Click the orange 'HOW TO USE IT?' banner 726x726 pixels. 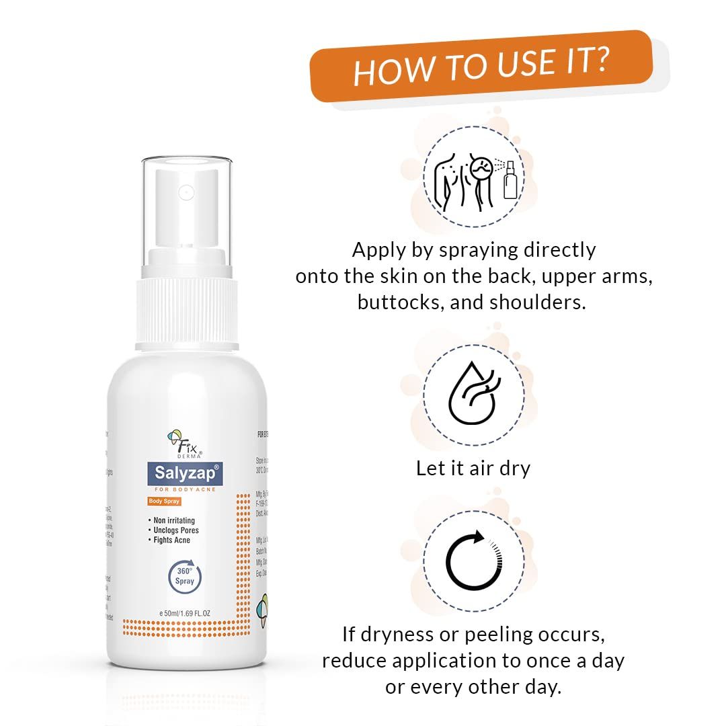point(481,66)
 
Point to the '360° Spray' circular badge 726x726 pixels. point(185,576)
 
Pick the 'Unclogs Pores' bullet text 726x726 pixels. point(175,530)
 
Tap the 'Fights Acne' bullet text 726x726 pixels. point(171,540)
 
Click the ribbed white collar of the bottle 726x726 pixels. point(188,313)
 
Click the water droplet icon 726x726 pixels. point(473,395)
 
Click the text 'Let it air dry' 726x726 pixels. point(473,468)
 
